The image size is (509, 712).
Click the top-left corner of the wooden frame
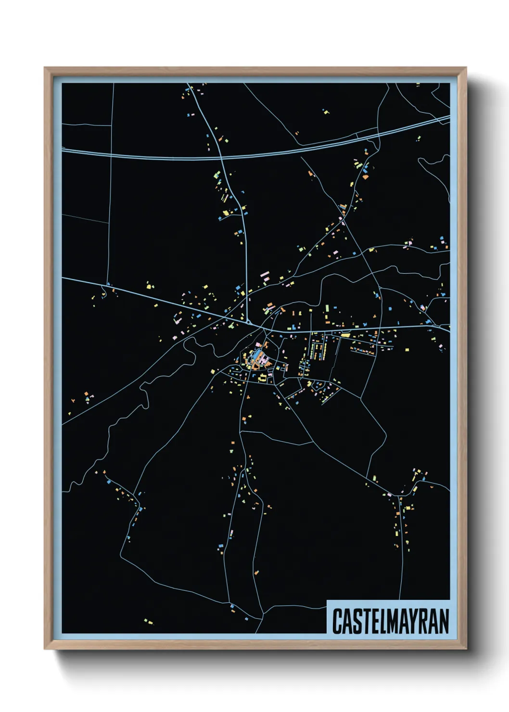coord(45,68)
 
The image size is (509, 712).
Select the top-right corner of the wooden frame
coord(465,68)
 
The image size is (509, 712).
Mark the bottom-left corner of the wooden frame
coord(45,648)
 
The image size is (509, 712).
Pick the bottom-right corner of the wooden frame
coord(465,648)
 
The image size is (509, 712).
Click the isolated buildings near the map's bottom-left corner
coord(149,622)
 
